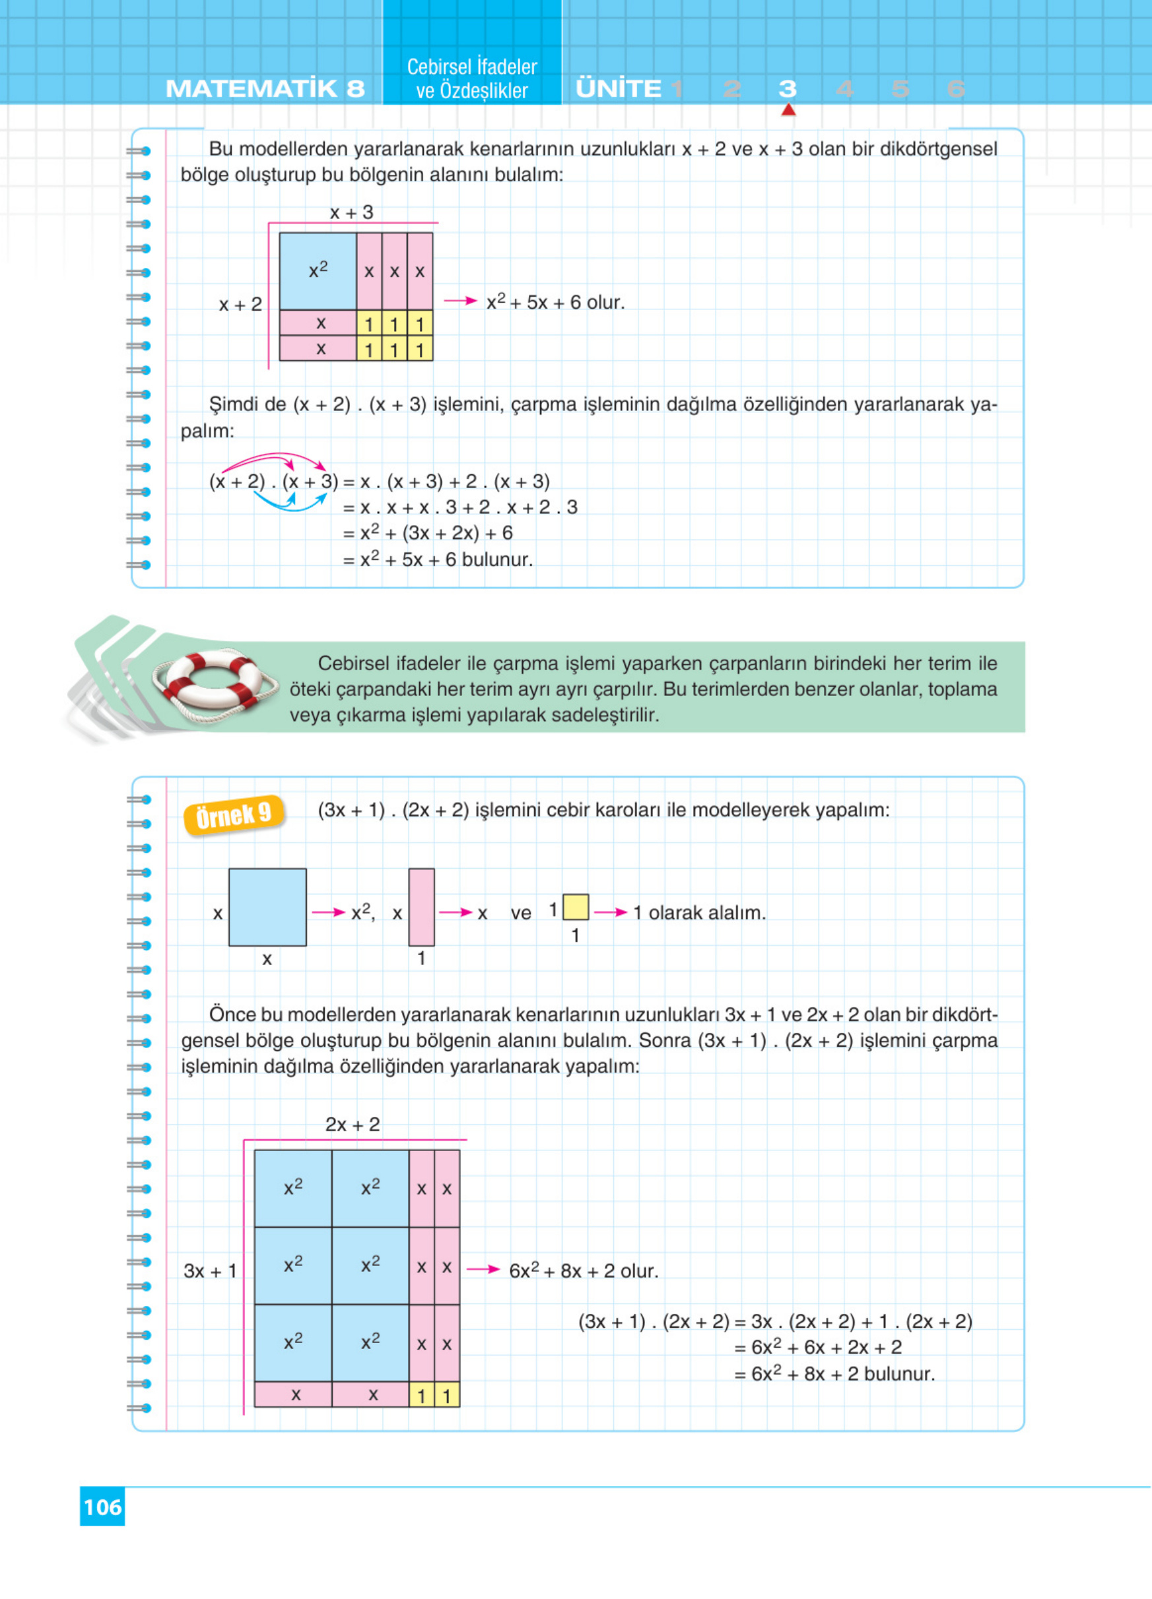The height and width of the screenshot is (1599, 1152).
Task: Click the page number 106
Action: pyautogui.click(x=102, y=1507)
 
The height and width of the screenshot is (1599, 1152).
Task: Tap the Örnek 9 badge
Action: pyautogui.click(x=234, y=816)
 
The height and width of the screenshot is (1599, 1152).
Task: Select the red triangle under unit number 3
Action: pyautogui.click(x=788, y=110)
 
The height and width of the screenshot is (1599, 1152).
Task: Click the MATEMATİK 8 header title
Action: pyautogui.click(x=265, y=89)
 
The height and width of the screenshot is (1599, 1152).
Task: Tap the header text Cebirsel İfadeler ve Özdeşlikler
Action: pyautogui.click(x=471, y=78)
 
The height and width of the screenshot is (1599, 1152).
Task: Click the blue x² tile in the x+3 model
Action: pyautogui.click(x=318, y=270)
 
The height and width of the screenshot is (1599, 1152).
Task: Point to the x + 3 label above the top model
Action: pyautogui.click(x=351, y=212)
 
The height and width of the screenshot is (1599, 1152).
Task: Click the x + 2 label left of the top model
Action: pyautogui.click(x=240, y=305)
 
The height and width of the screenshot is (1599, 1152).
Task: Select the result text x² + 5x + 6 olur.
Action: pyautogui.click(x=555, y=303)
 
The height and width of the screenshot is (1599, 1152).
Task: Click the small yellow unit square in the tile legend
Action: pyautogui.click(x=576, y=906)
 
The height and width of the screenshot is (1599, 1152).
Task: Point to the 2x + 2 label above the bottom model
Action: pyautogui.click(x=352, y=1125)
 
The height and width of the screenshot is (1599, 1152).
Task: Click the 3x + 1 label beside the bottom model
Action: pyautogui.click(x=209, y=1271)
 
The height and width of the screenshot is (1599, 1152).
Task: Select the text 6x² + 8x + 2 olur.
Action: pyautogui.click(x=584, y=1271)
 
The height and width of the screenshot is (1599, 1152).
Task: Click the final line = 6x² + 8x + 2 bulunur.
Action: pyautogui.click(x=834, y=1374)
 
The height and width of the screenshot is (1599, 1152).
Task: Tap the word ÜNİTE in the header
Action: pyautogui.click(x=618, y=89)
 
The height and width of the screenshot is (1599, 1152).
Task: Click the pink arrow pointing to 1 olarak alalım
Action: pyautogui.click(x=610, y=912)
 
